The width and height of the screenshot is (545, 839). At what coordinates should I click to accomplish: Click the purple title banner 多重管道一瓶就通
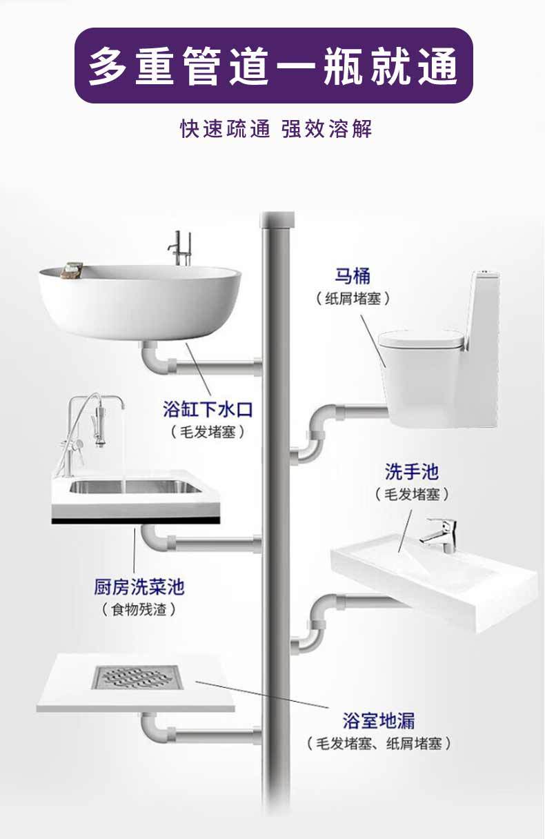point(273,66)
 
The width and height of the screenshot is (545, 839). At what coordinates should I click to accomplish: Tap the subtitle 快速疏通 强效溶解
point(276,129)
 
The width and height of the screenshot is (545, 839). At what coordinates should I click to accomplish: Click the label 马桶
point(353,277)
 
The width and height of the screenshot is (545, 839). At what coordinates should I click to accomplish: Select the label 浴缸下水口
point(208,410)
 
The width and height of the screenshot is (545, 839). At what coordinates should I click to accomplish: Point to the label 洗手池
point(412,473)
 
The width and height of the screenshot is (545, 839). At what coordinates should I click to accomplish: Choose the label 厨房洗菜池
point(139,587)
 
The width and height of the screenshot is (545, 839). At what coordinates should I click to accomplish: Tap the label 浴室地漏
point(379,722)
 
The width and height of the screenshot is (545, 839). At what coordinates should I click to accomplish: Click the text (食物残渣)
point(139,610)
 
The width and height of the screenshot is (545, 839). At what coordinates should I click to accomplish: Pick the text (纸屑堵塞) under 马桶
point(353,299)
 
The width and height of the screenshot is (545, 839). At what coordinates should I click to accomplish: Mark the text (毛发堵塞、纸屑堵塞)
point(379,744)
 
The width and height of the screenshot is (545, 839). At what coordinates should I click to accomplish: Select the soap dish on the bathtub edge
point(72,270)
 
